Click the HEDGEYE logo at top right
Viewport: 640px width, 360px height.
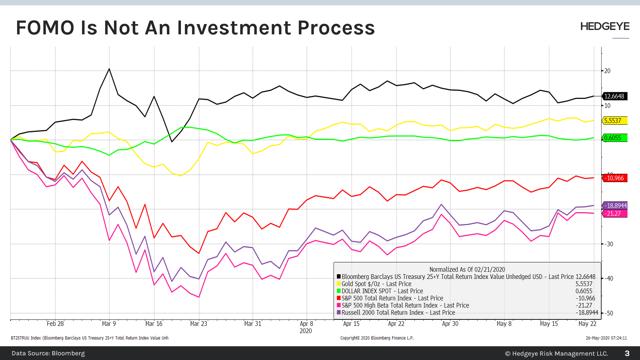coord(605,27)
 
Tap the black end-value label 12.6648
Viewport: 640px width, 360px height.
coord(614,96)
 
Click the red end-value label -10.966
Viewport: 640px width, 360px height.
coord(614,178)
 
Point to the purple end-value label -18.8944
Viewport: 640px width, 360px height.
coord(615,206)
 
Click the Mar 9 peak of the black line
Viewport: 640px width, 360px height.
coord(109,69)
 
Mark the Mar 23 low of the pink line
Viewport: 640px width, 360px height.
coord(199,297)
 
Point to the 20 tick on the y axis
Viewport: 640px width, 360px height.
coord(607,71)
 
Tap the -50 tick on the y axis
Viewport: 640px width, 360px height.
coord(608,313)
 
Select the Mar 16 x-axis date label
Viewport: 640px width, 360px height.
coord(154,324)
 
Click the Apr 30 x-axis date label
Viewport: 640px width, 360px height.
coord(450,324)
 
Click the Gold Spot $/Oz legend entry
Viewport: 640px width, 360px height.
coord(376,284)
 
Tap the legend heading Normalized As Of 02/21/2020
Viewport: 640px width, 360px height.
coord(467,269)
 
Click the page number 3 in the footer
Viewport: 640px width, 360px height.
coord(627,353)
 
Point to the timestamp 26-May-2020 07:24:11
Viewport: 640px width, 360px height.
coord(606,338)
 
